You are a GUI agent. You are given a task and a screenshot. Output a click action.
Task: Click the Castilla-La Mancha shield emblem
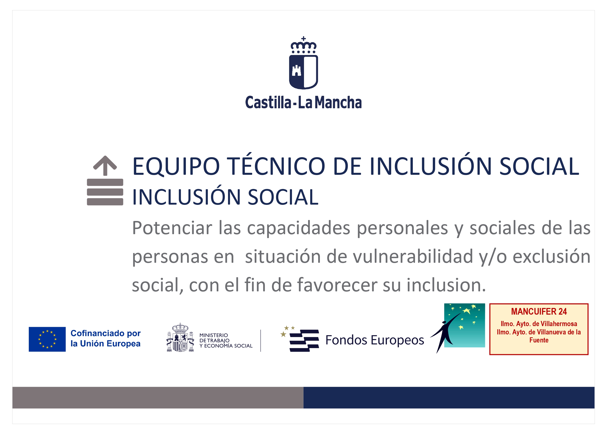point(303,71)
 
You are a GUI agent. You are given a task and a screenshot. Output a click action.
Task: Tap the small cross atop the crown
point(303,39)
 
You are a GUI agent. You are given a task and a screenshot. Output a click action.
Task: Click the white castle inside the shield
point(296,71)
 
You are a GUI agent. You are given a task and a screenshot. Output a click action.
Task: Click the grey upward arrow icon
point(105,165)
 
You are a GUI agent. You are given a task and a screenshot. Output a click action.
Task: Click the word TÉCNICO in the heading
point(276,166)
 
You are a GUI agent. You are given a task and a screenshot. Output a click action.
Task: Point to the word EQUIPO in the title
point(176,166)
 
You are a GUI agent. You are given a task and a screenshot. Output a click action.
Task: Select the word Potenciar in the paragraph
point(172,228)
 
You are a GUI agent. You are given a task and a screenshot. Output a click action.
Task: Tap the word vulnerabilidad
point(413,256)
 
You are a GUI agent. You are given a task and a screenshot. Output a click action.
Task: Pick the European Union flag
point(47,339)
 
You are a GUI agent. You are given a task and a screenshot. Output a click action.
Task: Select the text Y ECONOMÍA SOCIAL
point(226,346)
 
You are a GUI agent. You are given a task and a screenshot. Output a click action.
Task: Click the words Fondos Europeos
point(374,340)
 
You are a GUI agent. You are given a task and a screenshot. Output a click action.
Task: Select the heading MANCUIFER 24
point(539,312)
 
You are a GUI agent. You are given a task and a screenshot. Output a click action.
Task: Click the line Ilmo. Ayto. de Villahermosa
point(539,324)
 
